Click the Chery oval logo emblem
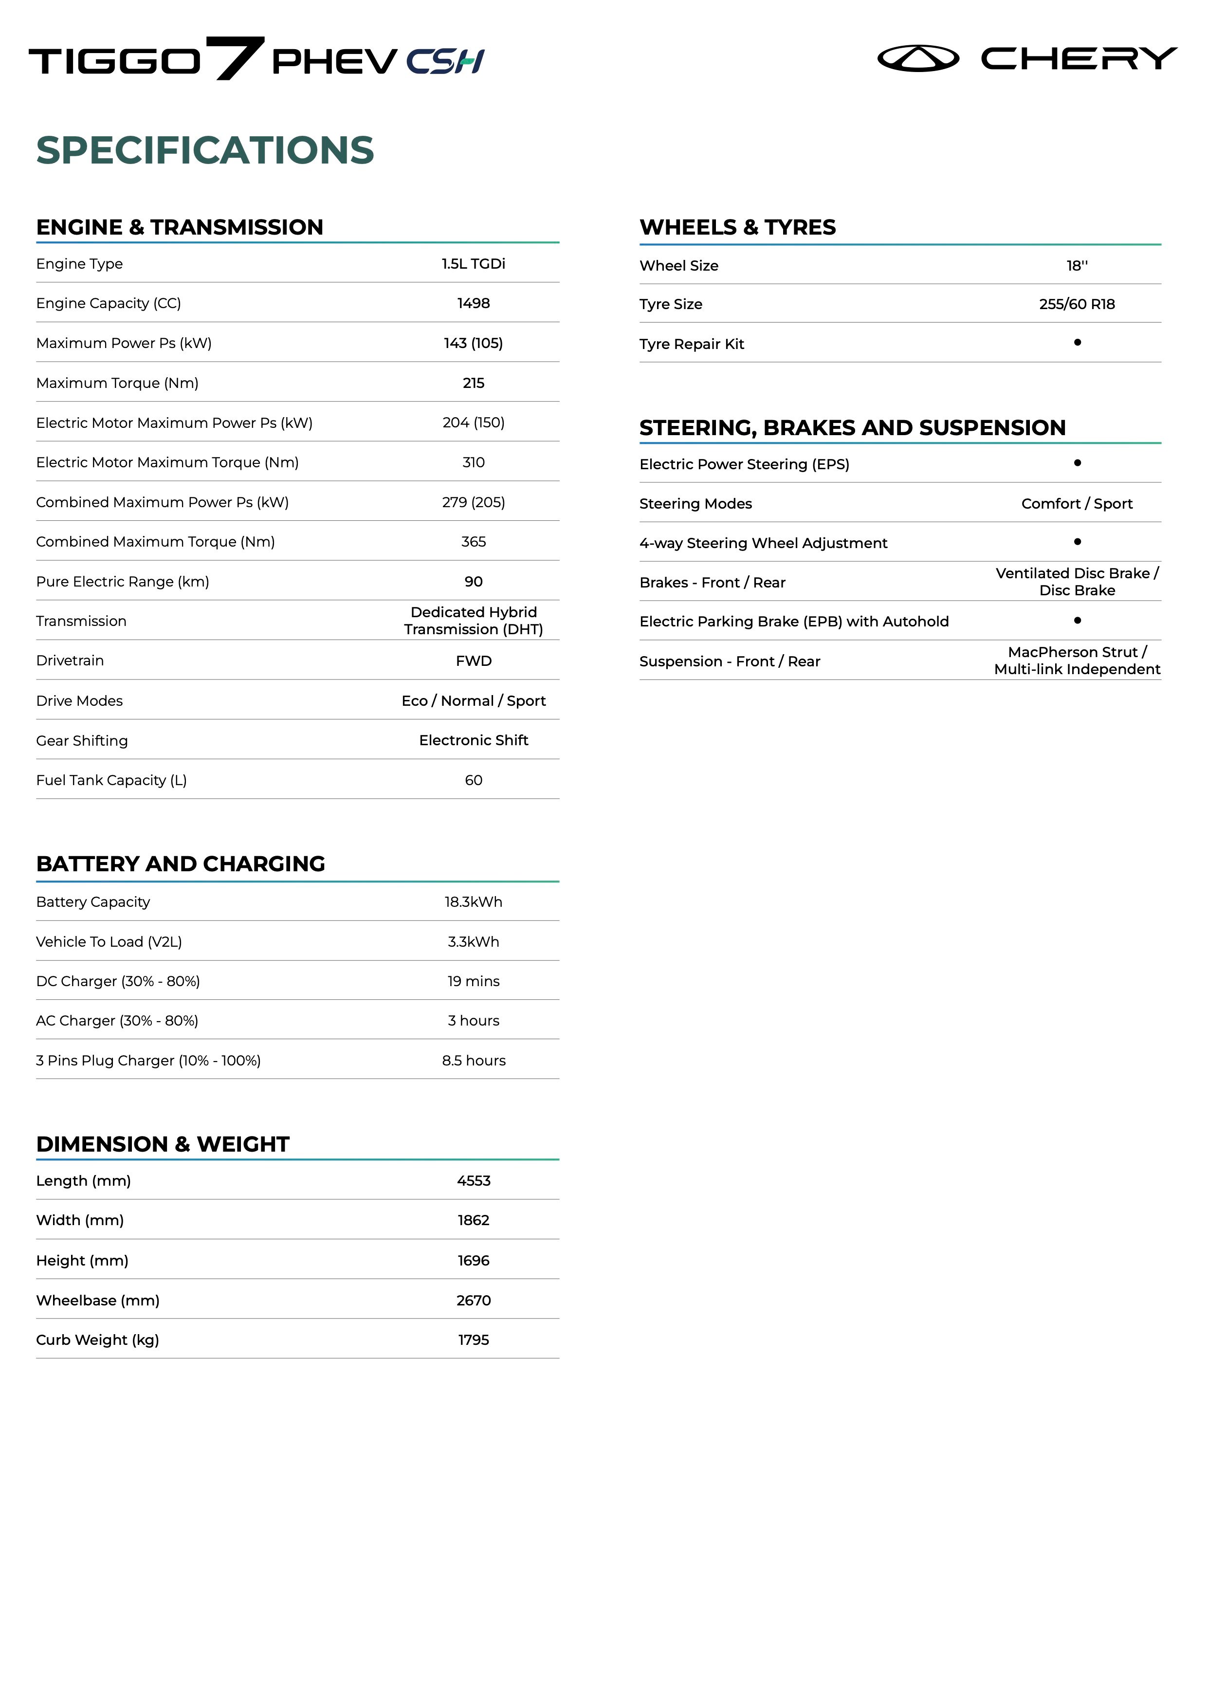[918, 58]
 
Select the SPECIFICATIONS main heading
[205, 150]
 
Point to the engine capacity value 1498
[474, 303]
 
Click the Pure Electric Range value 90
[474, 581]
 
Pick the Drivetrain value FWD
[474, 661]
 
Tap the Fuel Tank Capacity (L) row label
[111, 780]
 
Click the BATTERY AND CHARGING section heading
[181, 864]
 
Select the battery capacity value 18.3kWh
[474, 902]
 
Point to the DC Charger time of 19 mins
[474, 981]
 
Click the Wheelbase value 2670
[474, 1300]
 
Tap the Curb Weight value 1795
[474, 1340]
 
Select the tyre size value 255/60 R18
[1077, 304]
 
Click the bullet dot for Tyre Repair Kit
[1078, 343]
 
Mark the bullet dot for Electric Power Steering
[1078, 463]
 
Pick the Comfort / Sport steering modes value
[1077, 503]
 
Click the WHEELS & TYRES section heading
[737, 227]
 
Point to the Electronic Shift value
[474, 740]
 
